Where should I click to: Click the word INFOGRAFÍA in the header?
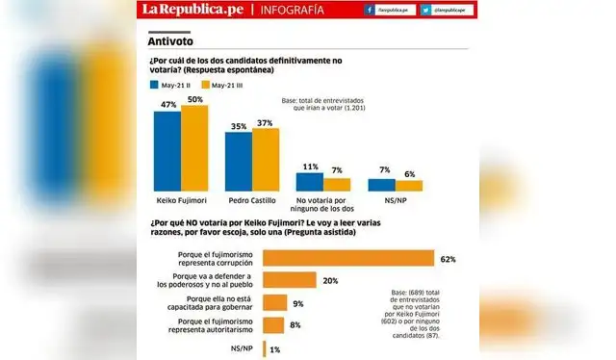tap(290, 11)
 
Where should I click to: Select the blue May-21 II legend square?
tap(155, 85)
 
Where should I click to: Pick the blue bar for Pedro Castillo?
tap(239, 163)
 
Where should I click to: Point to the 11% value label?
tap(310, 167)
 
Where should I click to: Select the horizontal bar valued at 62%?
tap(348, 258)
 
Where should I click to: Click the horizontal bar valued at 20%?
tap(291, 280)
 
